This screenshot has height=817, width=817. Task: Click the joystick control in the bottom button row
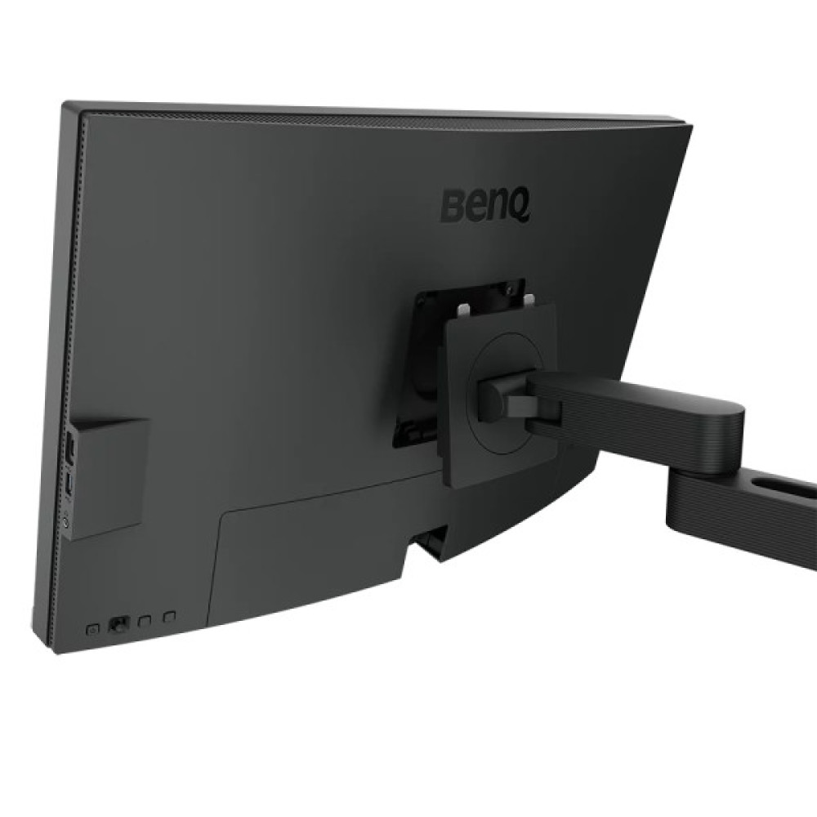(119, 623)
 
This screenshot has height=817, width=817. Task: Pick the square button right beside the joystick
(145, 620)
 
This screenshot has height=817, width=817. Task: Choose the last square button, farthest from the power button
(169, 617)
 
